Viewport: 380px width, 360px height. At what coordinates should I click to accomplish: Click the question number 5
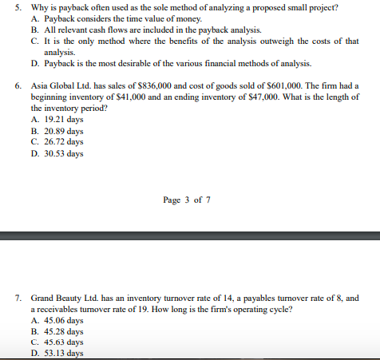point(18,7)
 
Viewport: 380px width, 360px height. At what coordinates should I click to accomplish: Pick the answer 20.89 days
point(63,131)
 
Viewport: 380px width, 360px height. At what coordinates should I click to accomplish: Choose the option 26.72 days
point(63,142)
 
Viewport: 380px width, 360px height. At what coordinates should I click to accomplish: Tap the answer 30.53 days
point(63,153)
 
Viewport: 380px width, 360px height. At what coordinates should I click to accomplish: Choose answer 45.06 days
point(63,320)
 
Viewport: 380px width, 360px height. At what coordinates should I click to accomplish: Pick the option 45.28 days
point(63,331)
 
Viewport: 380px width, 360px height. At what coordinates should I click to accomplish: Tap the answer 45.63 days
point(63,342)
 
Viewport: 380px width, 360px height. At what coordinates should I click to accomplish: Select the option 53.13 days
point(63,354)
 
